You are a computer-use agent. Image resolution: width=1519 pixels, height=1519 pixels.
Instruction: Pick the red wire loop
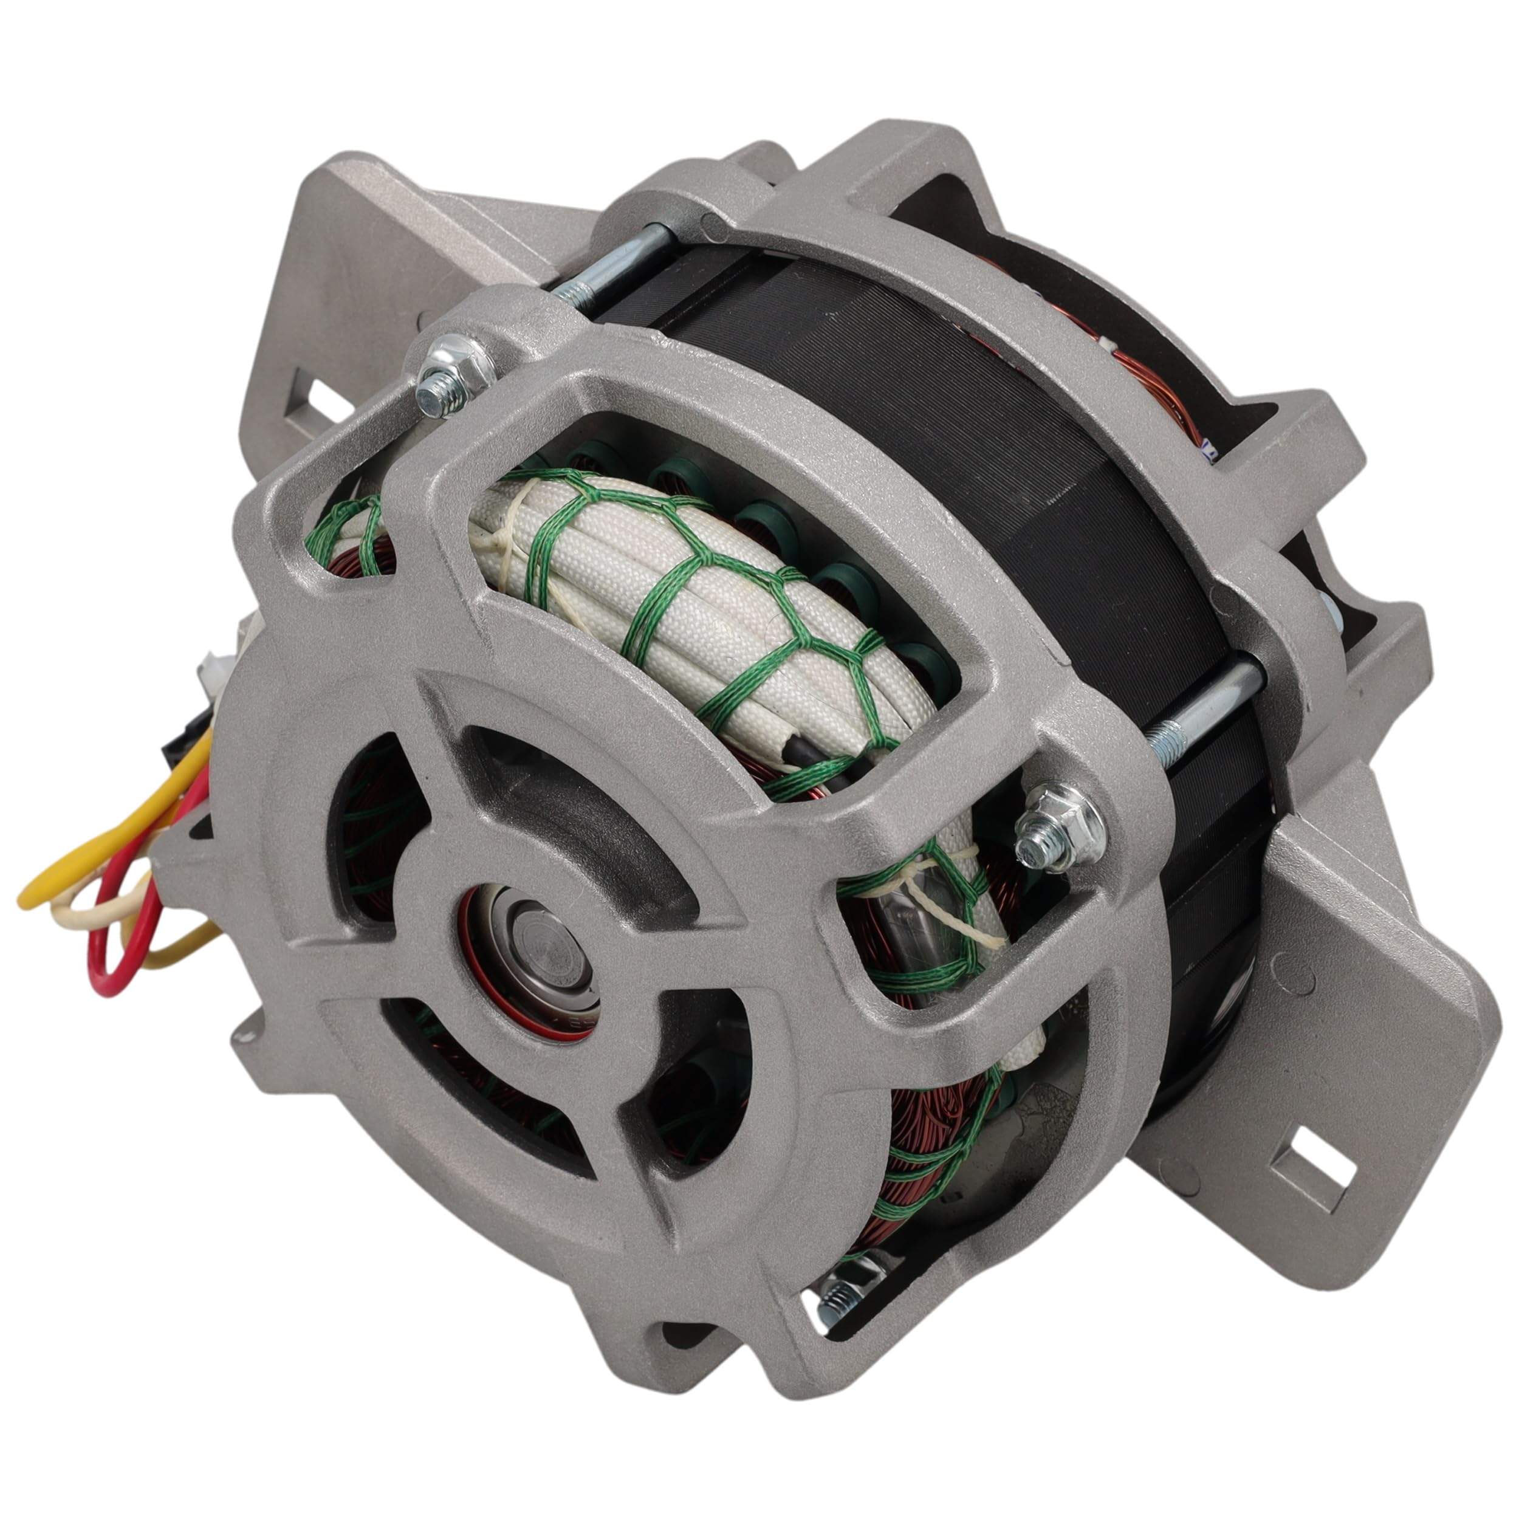tap(118, 944)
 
